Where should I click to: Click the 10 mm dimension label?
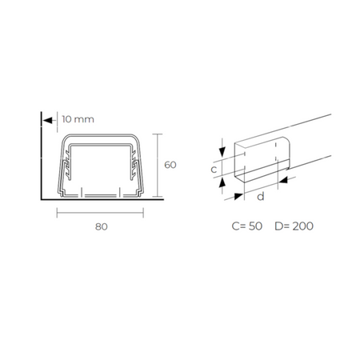(78, 119)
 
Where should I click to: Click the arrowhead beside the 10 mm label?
(48, 121)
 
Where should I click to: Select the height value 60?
(170, 165)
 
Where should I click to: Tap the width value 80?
(102, 226)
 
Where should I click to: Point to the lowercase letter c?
(214, 169)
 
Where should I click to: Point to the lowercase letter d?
(261, 196)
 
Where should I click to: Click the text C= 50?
(247, 226)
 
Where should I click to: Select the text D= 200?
(294, 226)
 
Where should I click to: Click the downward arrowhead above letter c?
(222, 152)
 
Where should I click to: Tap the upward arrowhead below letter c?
(222, 183)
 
